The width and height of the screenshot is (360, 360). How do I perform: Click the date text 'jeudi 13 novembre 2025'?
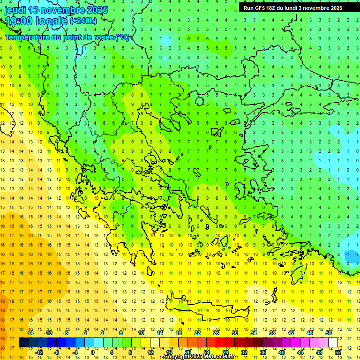(x=56, y=10)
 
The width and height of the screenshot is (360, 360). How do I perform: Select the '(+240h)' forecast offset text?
(x=83, y=21)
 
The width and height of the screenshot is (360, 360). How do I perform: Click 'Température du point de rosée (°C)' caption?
(x=67, y=37)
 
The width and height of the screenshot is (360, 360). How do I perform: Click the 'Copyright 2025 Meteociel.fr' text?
(x=199, y=357)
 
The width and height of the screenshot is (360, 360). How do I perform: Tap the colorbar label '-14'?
(x=31, y=333)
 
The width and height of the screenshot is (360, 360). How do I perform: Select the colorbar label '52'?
(x=337, y=352)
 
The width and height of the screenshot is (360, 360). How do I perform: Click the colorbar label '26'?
(x=216, y=333)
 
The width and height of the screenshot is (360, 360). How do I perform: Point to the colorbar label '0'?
(x=93, y=352)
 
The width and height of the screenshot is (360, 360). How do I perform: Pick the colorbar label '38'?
(x=272, y=333)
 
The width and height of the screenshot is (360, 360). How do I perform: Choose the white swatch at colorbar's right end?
(x=333, y=343)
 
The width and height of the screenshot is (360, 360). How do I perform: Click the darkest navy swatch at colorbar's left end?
(x=23, y=343)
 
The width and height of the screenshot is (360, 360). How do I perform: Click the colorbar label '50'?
(x=328, y=333)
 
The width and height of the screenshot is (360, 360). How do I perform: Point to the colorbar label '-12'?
(x=39, y=352)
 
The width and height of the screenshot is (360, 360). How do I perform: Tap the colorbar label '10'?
(x=141, y=333)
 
